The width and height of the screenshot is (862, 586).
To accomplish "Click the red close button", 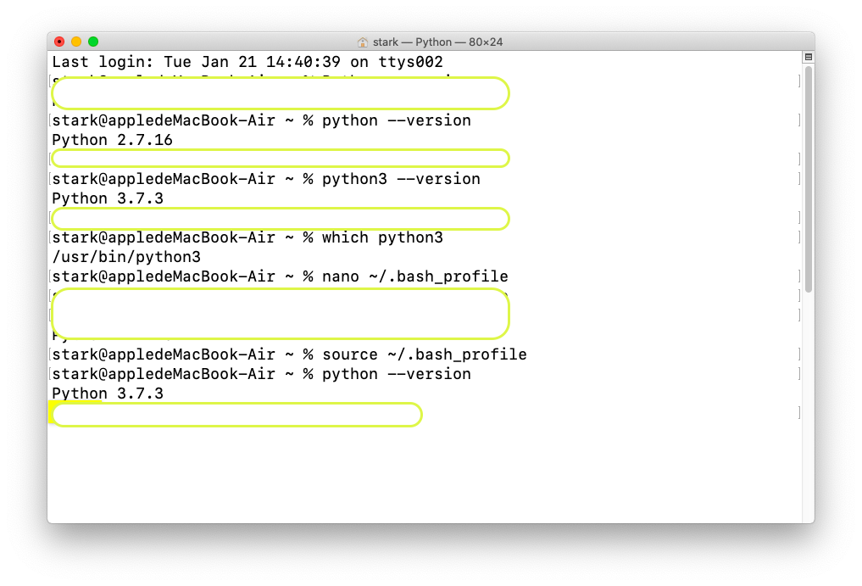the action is click(59, 42).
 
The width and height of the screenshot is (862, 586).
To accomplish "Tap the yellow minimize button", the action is click(76, 42).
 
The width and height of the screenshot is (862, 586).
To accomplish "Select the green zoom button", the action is click(93, 42).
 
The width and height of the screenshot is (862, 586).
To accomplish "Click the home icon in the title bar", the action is click(363, 42).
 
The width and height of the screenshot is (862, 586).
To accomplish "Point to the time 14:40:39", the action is click(303, 62).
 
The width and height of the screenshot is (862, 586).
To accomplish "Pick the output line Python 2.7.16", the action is click(112, 140).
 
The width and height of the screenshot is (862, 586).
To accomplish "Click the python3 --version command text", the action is click(401, 179).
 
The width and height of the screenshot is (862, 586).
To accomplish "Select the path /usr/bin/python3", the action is click(126, 257).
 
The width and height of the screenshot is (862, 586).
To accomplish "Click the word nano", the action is click(340, 276).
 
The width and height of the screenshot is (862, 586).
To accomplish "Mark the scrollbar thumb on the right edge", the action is click(808, 178).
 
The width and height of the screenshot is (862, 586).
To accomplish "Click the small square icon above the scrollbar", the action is click(808, 57).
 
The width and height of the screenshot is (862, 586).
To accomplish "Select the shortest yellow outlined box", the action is click(280, 159).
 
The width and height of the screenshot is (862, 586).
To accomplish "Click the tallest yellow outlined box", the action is click(280, 314).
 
